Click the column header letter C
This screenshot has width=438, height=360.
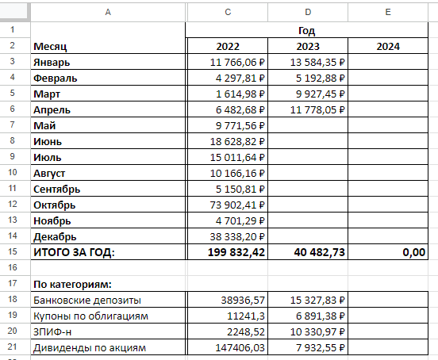tap(225, 12)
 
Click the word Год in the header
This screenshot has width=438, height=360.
tap(306, 29)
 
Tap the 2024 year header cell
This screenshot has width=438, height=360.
tap(388, 46)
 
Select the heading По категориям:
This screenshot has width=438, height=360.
tap(71, 283)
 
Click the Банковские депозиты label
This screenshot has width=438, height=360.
tap(87, 300)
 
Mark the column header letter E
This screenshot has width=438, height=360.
tap(388, 12)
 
